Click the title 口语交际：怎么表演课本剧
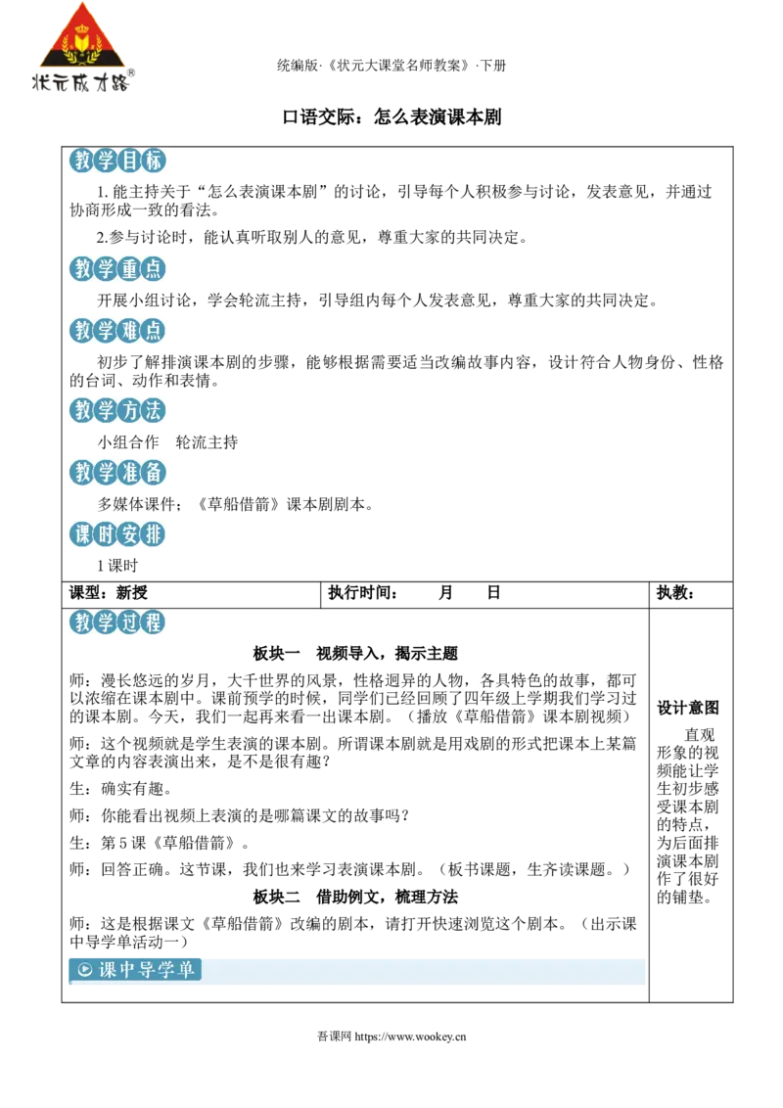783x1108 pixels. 391,116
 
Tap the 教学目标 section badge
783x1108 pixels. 117,161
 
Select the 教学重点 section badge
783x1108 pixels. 117,268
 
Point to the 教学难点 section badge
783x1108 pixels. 117,330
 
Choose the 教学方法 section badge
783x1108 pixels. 117,410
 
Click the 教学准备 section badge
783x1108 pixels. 117,472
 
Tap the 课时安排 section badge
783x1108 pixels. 117,533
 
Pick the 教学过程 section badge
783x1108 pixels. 117,622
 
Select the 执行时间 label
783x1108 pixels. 362,593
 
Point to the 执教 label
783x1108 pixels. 675,593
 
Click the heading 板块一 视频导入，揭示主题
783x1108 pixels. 355,654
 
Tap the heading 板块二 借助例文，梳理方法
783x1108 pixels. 355,897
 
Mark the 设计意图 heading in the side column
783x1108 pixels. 688,708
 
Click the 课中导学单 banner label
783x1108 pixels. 135,969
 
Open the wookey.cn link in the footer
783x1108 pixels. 410,1037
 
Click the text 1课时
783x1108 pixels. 117,566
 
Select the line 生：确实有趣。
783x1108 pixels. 120,789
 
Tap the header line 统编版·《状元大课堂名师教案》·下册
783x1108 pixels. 391,66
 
